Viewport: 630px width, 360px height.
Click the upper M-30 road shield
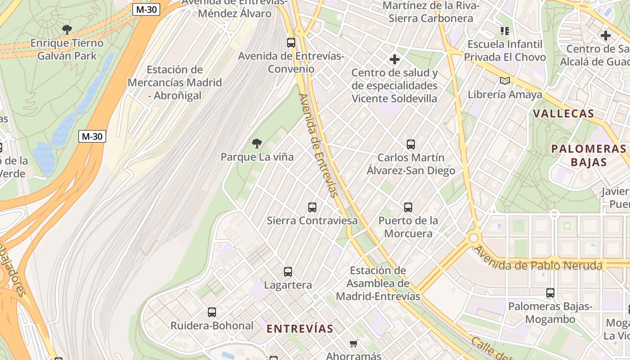click(146, 9)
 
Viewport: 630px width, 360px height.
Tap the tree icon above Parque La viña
click(257, 144)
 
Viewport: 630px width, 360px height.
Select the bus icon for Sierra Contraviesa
click(312, 207)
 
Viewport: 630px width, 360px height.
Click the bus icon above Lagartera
click(288, 272)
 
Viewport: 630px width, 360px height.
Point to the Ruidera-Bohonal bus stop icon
click(212, 312)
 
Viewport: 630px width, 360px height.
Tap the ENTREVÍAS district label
click(300, 328)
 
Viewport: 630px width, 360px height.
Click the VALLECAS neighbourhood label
click(563, 113)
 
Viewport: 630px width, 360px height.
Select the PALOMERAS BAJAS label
click(589, 155)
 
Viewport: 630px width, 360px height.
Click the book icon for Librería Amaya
click(505, 81)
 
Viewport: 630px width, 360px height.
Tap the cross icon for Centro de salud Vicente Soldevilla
click(395, 59)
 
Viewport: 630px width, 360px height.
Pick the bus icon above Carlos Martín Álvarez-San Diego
click(411, 144)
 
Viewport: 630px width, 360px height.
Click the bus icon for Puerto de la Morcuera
click(408, 207)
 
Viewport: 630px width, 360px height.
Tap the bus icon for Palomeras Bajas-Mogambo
click(550, 293)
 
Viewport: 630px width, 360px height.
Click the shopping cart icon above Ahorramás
click(354, 344)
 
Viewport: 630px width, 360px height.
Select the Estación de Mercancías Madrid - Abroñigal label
click(175, 83)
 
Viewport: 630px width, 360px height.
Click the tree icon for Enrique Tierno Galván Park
click(67, 30)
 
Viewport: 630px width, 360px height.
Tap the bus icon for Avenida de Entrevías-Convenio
click(291, 43)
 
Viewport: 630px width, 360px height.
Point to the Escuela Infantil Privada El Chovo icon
click(505, 31)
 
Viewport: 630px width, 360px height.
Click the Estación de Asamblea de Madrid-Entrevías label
click(378, 283)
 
